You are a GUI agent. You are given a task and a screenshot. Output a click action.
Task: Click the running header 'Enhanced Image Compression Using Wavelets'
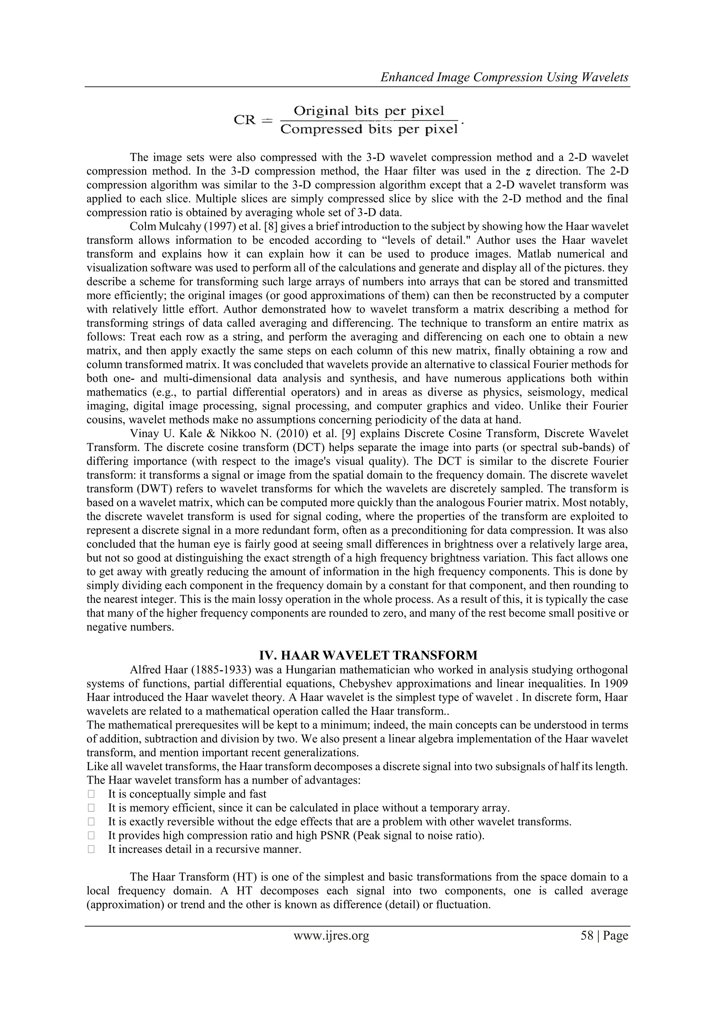[x=504, y=78]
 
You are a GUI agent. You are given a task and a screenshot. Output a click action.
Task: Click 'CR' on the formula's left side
[x=245, y=120]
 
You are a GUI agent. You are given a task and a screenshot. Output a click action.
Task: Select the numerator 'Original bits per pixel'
[x=369, y=111]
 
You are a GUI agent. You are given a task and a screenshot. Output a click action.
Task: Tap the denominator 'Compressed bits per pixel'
[x=369, y=130]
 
